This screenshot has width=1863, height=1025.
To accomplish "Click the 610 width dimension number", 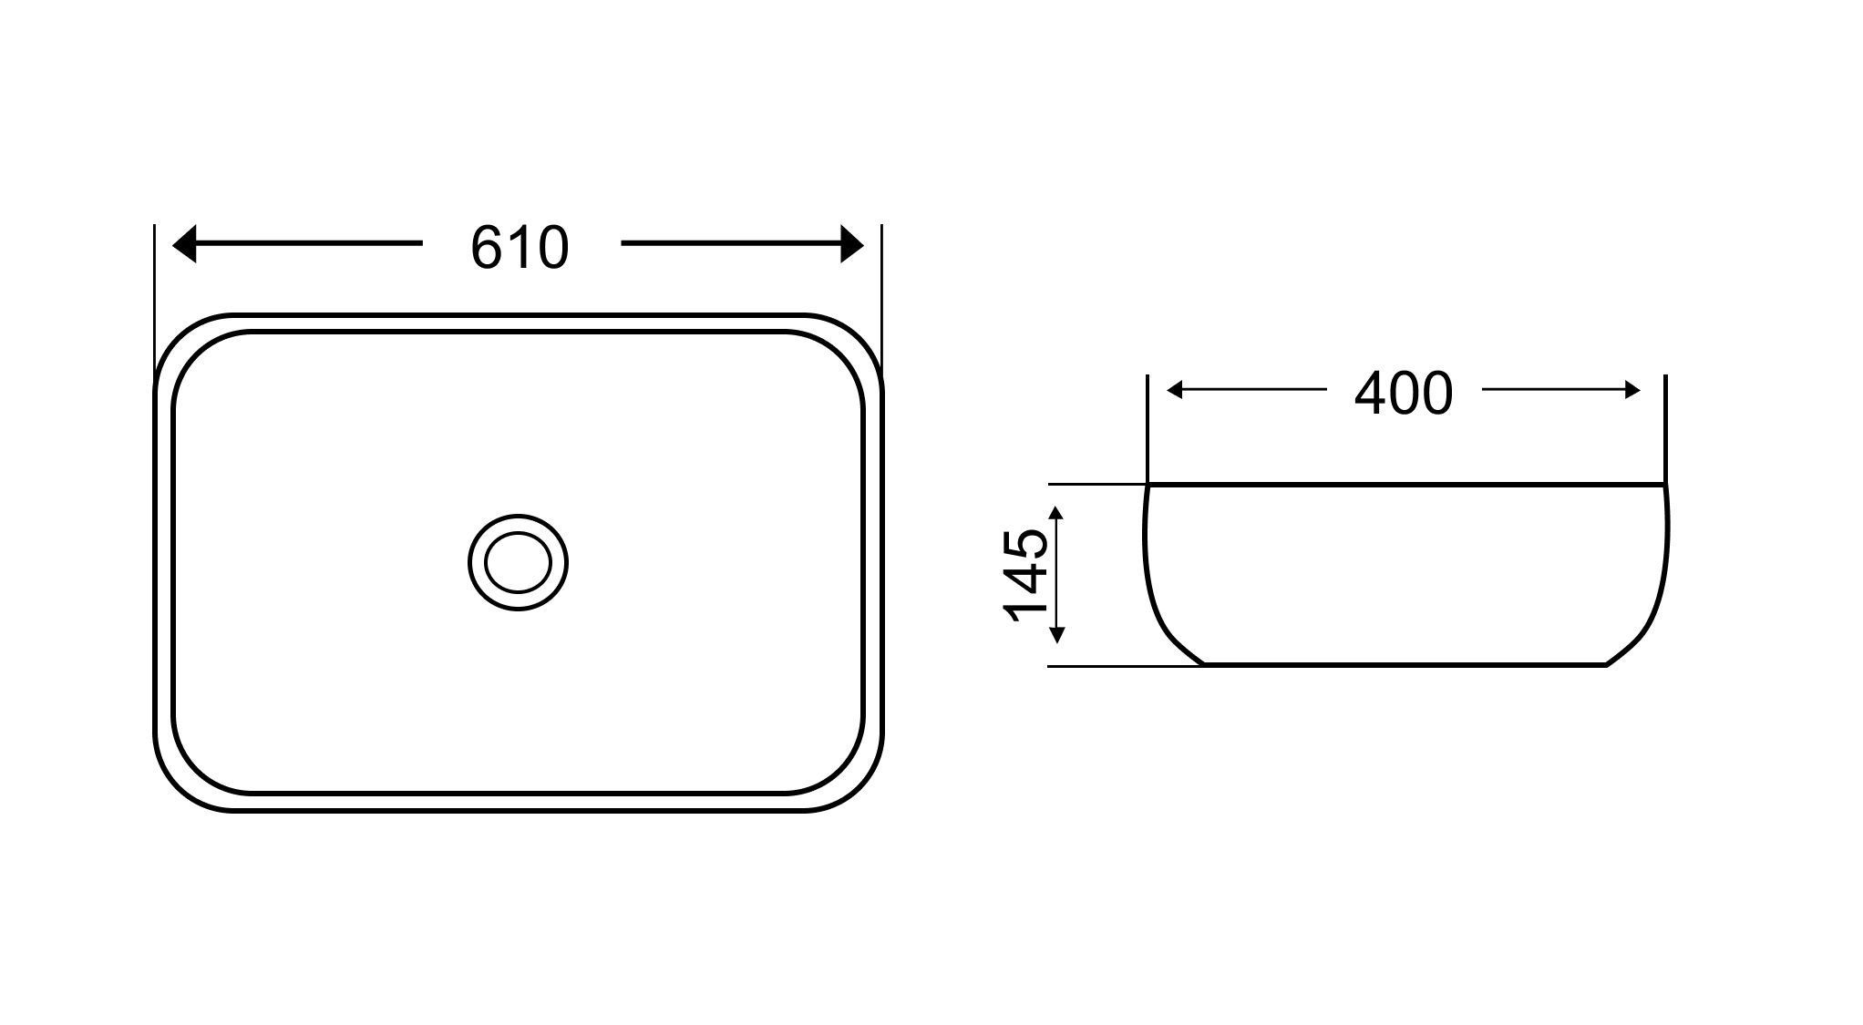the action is pos(520,247).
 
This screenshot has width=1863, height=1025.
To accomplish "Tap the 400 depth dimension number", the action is pos(1404,394).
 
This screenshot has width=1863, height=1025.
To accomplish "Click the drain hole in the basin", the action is pos(518,562).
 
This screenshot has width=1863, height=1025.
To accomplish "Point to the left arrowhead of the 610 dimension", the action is pos(184,244).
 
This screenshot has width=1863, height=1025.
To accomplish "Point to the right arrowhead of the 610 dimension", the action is pos(852,244).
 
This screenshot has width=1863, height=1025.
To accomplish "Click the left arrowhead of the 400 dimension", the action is pos(1175,391).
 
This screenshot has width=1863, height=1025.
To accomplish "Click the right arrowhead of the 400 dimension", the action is pos(1632,391).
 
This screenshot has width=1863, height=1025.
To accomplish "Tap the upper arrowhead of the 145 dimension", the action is pos(1057,516).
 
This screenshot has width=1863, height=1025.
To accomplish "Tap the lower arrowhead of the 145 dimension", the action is pos(1057,635).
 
